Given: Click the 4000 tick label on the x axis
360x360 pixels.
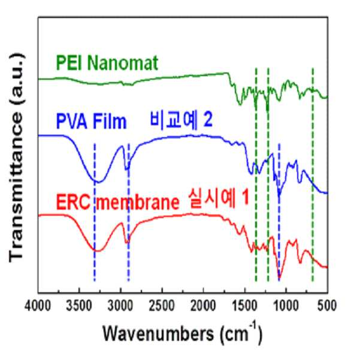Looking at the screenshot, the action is point(38,306).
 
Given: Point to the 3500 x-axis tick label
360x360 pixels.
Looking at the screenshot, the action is point(79,306).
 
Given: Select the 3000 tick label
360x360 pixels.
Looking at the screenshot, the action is point(120,306).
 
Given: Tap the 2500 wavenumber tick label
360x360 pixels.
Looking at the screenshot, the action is point(162,306).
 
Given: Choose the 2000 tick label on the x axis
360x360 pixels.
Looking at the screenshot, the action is point(204,306).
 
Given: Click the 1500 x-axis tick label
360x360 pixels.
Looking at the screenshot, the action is point(245,306).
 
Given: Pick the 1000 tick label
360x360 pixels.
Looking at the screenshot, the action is point(286,306).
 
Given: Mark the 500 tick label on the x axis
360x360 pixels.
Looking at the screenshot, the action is point(327,306).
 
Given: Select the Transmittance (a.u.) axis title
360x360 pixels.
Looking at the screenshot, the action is point(16,158).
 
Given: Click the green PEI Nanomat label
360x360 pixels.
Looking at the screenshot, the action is point(107,63).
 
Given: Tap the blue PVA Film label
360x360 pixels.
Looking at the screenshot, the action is point(92,122).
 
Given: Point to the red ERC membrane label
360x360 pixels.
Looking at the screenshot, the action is point(117,202).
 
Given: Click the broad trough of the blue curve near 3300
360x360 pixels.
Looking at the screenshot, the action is point(98,182).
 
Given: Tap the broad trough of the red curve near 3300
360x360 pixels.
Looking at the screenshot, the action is point(98,251).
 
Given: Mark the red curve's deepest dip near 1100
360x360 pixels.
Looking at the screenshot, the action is point(279,279).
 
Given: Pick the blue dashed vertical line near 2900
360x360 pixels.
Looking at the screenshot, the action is point(129,212).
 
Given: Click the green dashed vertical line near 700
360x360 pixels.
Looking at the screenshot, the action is point(313,174).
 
